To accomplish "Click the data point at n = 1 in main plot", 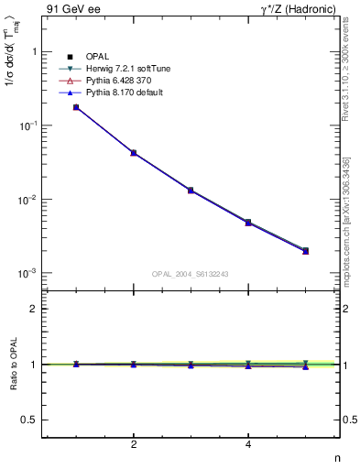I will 76,107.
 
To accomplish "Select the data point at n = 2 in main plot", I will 134,153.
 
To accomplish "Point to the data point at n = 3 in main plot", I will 191,191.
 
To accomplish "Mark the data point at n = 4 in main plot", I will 248,223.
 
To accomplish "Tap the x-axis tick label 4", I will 248,445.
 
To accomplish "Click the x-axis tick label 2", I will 134,445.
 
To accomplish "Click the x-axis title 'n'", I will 339,458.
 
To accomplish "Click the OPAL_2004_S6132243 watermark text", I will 190,274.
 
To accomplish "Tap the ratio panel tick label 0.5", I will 29,420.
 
